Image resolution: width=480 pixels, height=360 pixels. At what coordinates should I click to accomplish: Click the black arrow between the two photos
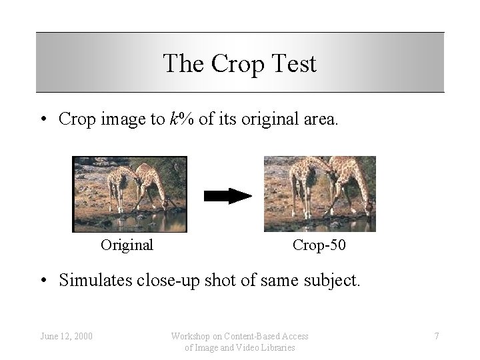(227, 195)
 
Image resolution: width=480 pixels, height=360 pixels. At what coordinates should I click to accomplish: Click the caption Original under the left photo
(127, 245)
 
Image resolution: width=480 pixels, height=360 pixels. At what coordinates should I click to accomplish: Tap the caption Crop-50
(319, 245)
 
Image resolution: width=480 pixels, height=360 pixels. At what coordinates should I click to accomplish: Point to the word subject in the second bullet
(335, 281)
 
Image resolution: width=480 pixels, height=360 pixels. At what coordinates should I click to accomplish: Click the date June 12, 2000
(65, 336)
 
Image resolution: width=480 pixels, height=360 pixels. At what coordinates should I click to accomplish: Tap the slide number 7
(437, 336)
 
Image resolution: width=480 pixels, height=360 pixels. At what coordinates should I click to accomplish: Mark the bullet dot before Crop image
(42, 119)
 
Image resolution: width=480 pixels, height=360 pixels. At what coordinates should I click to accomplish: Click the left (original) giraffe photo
(129, 193)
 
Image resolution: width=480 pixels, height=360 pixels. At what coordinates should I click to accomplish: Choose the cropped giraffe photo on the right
(319, 193)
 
